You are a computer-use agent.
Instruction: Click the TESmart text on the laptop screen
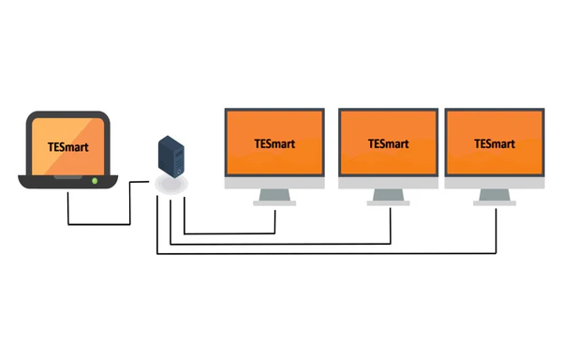coord(67,147)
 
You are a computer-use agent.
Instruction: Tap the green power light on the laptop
coord(95,181)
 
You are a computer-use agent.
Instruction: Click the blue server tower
coord(171,157)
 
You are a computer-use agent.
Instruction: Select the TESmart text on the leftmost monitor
coord(274,143)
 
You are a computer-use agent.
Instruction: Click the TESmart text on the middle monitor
coord(388,143)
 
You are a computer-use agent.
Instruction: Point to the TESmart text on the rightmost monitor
coord(495,143)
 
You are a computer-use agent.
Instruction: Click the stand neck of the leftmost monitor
coord(274,195)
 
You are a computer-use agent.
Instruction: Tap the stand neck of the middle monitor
coord(388,195)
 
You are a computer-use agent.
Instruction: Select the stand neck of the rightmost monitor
coord(495,195)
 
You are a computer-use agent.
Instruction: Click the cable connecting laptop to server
coord(99,224)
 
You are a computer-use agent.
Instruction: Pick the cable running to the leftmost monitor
coord(229,233)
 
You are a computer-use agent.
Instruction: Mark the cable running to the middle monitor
coord(280,244)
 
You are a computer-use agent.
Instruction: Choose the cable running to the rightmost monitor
coord(327,253)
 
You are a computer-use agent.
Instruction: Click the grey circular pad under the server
coord(171,185)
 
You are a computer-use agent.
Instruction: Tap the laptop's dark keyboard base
coord(68,182)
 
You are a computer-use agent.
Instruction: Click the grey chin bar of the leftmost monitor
coord(274,183)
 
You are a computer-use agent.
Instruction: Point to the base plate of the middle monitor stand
coord(388,203)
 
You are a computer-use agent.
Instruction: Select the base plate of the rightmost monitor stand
coord(495,203)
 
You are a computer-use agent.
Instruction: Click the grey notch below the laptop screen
coord(67,177)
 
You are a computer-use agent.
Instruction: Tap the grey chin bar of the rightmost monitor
coord(495,183)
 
